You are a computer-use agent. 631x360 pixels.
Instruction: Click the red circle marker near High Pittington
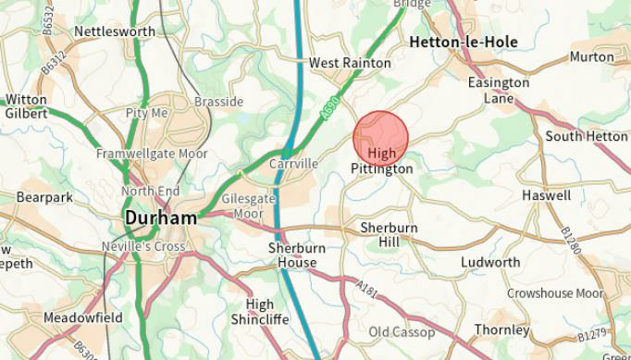pyautogui.click(x=380, y=139)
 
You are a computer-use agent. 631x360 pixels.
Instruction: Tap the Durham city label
pyautogui.click(x=160, y=219)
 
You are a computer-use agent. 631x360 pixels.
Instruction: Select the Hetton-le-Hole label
pyautogui.click(x=463, y=42)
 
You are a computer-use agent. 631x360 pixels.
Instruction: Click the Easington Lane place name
pyautogui.click(x=498, y=90)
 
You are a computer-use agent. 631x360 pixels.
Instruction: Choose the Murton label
pyautogui.click(x=591, y=56)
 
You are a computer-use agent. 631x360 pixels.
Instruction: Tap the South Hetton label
pyautogui.click(x=586, y=136)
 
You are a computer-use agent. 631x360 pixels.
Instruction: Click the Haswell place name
pyautogui.click(x=546, y=195)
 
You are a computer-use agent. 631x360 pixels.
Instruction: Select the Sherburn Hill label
pyautogui.click(x=389, y=234)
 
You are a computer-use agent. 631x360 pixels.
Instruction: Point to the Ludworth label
pyautogui.click(x=490, y=262)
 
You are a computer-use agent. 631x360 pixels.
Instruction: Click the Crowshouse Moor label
pyautogui.click(x=555, y=293)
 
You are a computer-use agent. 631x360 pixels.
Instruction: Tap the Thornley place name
pyautogui.click(x=501, y=329)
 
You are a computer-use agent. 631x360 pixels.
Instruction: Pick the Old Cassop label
pyautogui.click(x=402, y=331)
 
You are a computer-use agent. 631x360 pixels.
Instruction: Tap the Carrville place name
pyautogui.click(x=292, y=163)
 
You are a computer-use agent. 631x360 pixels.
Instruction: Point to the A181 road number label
pyautogui.click(x=366, y=291)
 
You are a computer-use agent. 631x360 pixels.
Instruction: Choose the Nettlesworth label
pyautogui.click(x=115, y=31)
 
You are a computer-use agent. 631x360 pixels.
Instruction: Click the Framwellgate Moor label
pyautogui.click(x=153, y=154)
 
